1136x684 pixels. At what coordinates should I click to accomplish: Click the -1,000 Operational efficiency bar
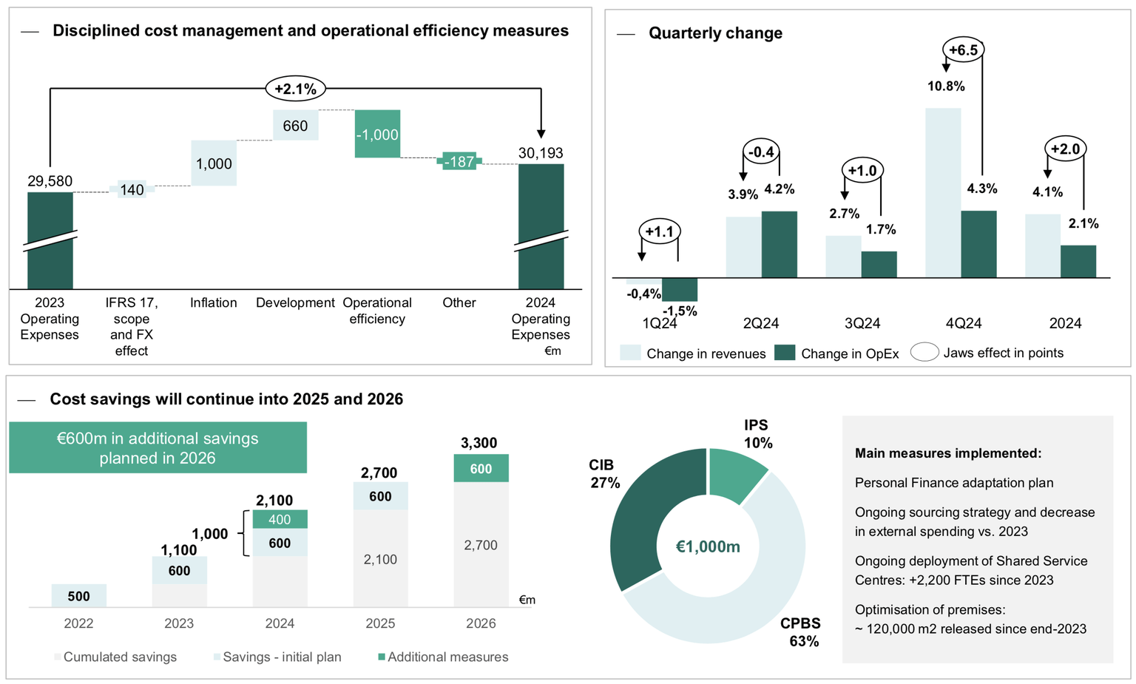[377, 134]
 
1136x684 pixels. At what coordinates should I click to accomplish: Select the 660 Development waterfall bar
[295, 125]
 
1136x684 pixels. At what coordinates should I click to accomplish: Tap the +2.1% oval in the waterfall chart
[295, 89]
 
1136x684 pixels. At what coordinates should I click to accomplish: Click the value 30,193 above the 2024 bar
[541, 153]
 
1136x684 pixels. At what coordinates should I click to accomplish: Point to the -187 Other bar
[459, 161]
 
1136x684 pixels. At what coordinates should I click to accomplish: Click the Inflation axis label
[213, 302]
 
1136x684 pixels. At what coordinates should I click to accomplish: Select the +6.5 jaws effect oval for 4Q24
[963, 50]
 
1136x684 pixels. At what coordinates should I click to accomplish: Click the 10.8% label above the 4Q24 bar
[946, 87]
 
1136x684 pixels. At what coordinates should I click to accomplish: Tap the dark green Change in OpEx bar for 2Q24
[779, 244]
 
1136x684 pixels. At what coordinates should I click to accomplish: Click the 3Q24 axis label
[862, 323]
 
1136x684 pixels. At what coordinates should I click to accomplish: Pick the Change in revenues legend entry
[692, 353]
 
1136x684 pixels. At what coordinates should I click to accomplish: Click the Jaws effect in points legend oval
[924, 353]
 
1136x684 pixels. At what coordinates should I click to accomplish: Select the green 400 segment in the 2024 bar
[280, 519]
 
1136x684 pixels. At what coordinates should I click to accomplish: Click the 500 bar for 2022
[78, 596]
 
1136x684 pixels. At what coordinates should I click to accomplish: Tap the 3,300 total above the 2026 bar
[479, 443]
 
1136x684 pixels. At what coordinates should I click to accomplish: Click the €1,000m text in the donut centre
[708, 546]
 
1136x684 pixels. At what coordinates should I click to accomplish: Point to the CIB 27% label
[602, 474]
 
